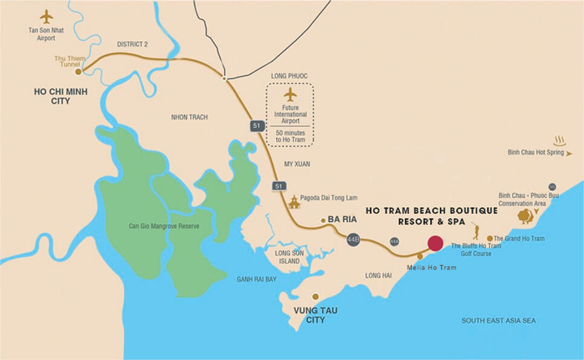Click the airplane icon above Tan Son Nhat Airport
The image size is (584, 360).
click(x=46, y=16)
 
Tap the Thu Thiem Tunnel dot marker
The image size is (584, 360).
click(x=78, y=72)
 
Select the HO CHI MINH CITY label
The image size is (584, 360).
click(x=53, y=97)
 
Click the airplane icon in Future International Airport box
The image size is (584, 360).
click(x=290, y=95)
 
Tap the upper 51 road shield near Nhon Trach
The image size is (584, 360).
click(x=256, y=126)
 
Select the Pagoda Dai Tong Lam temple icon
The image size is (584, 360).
click(x=294, y=202)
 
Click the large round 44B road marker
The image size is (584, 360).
click(x=354, y=240)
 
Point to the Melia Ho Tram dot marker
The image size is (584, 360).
click(x=420, y=257)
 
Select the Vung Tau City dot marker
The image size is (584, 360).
click(x=315, y=297)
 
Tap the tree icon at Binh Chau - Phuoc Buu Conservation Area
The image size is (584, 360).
click(x=525, y=216)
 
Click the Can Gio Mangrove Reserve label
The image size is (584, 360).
click(x=164, y=227)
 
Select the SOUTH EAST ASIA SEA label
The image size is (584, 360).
click(x=498, y=321)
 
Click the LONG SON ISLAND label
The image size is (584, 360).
click(x=287, y=257)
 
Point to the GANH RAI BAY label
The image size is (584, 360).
click(x=257, y=279)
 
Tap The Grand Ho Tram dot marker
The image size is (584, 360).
click(x=490, y=239)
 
